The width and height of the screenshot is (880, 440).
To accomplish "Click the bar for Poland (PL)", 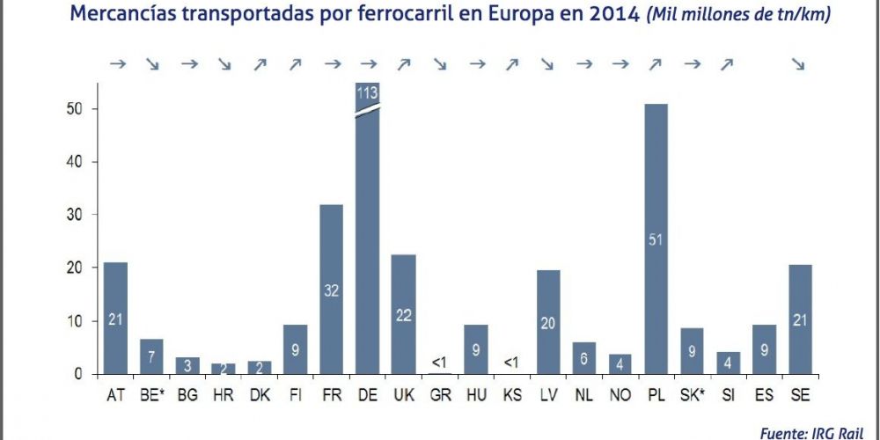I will click(656, 238).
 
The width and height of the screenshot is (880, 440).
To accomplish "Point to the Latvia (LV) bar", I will click(547, 321).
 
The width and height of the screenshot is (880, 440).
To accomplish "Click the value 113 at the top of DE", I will click(367, 92).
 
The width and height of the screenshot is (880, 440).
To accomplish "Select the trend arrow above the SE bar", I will click(799, 63).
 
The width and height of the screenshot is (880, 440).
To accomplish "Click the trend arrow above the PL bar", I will click(655, 63).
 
